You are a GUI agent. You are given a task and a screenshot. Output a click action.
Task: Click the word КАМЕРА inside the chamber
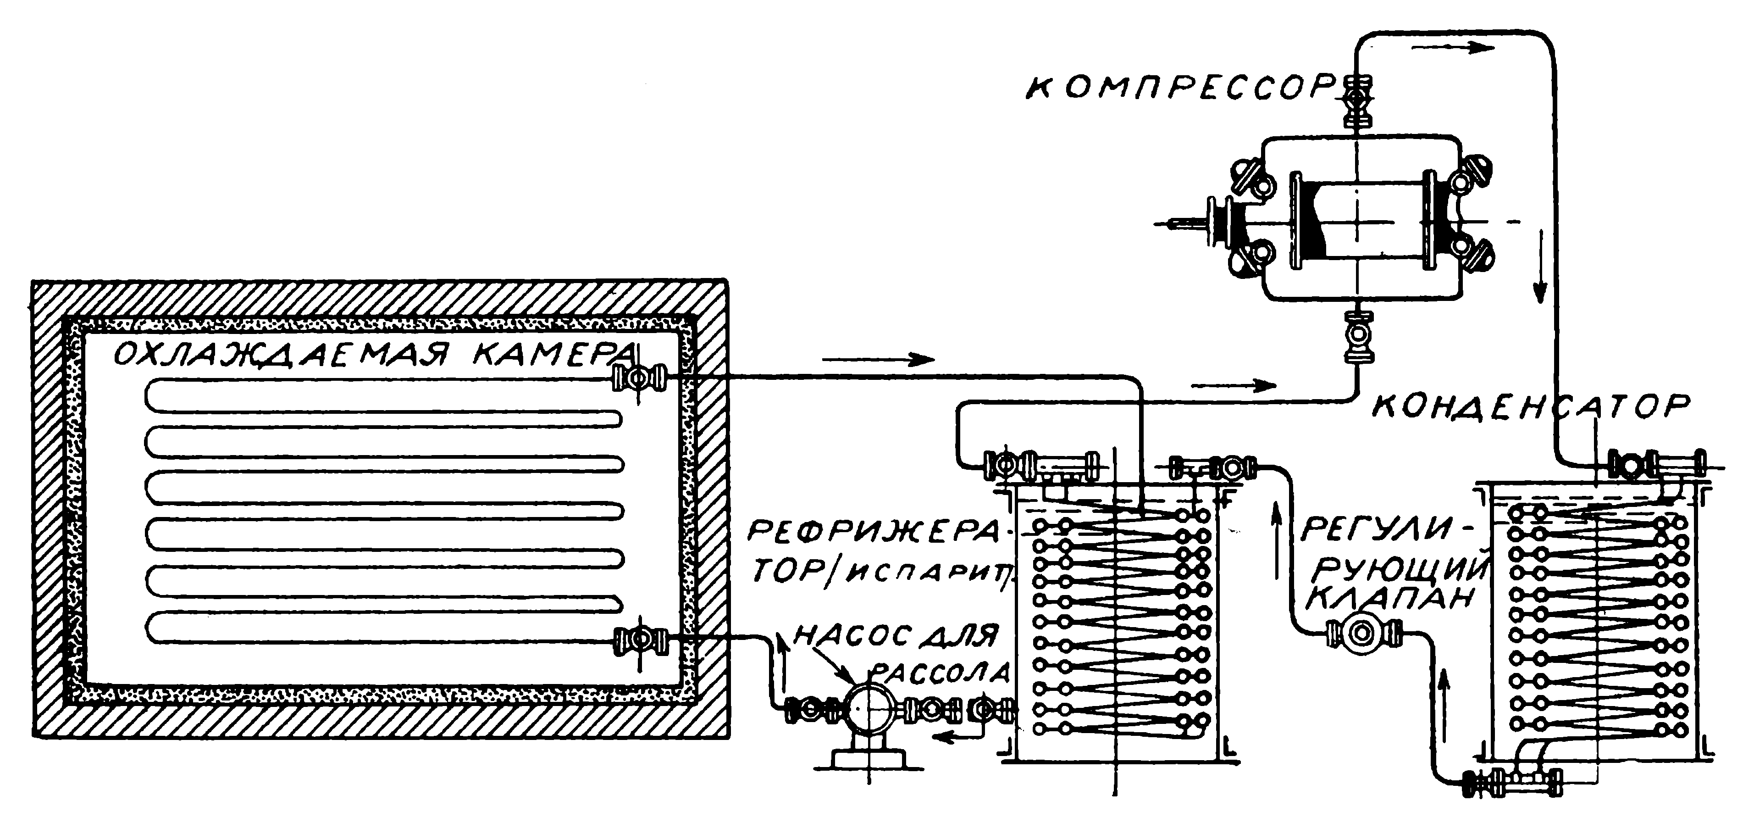tap(554, 354)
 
